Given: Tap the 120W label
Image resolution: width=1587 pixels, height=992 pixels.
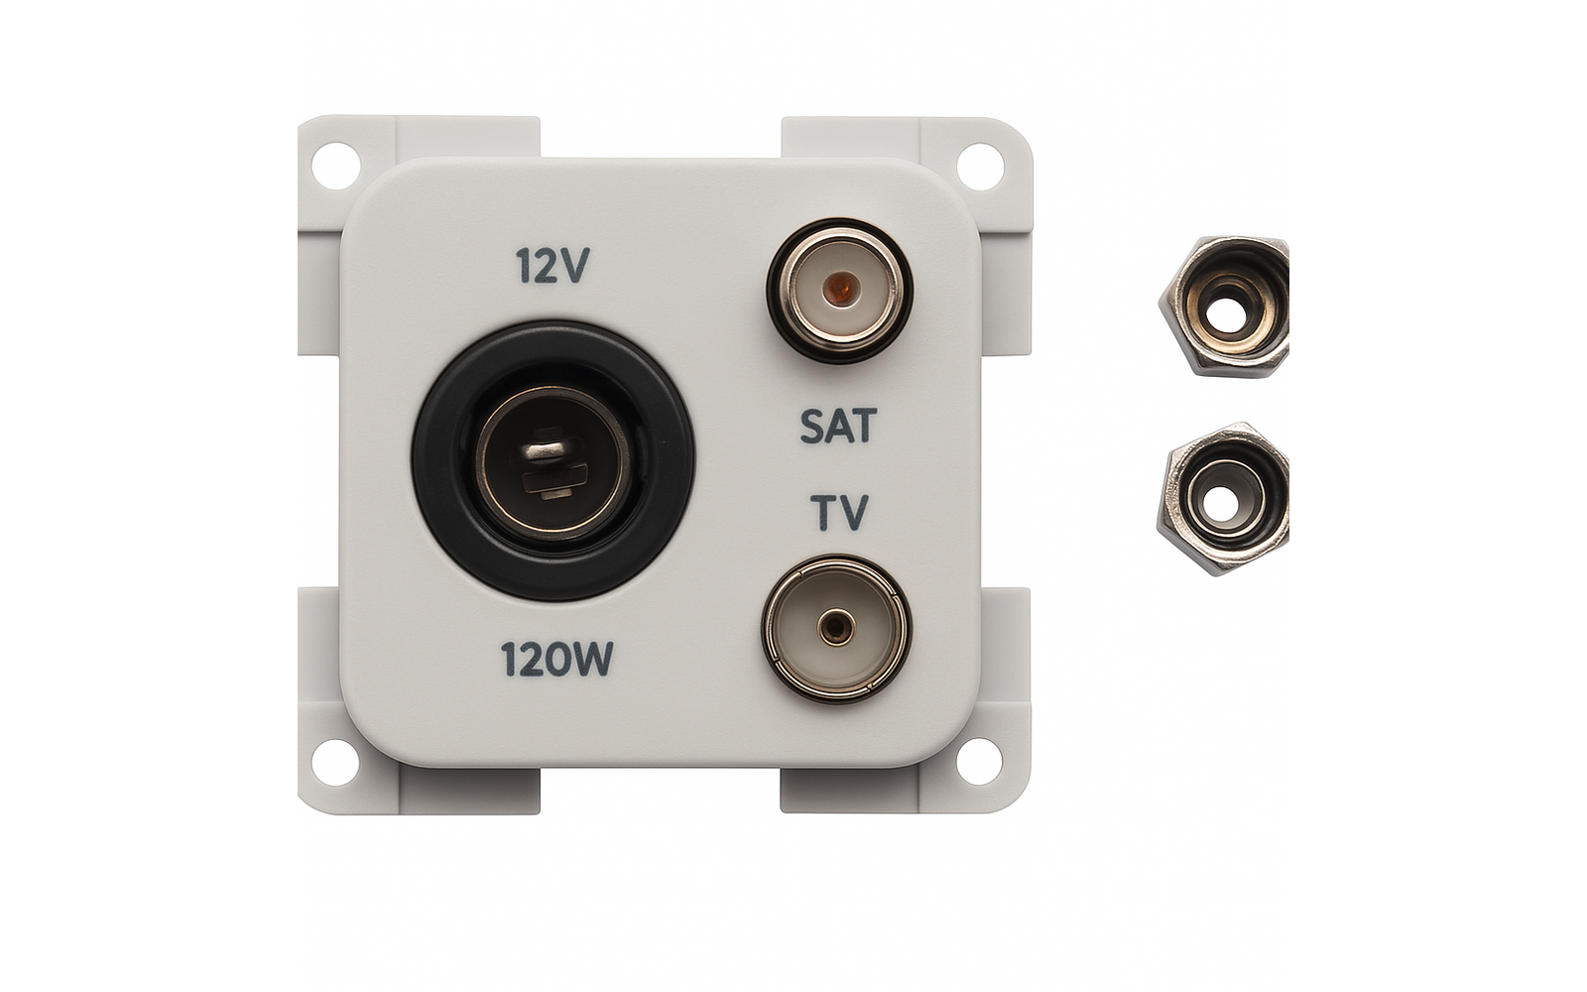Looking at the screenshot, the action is click(x=556, y=659).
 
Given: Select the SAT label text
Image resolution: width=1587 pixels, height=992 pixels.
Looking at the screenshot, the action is click(x=838, y=426).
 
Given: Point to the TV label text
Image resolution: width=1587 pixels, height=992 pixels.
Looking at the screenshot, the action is click(x=839, y=512).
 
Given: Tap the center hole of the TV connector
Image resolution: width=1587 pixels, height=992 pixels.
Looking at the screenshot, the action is click(x=836, y=627).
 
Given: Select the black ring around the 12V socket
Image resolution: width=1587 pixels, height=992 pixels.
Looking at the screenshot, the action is click(x=553, y=461).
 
